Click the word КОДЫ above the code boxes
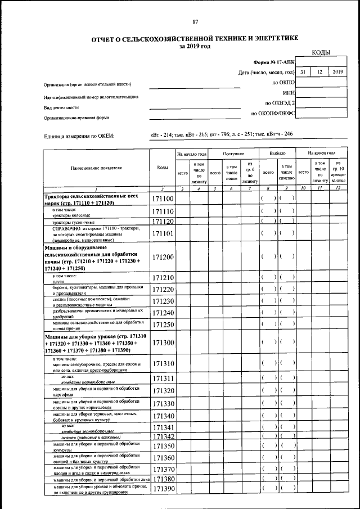pyautogui.click(x=321, y=53)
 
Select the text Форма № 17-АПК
pyautogui.click(x=274, y=62)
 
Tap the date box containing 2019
pyautogui.click(x=337, y=72)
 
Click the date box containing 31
pyautogui.click(x=303, y=72)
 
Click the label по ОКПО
pyautogui.click(x=283, y=83)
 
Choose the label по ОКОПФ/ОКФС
pyautogui.click(x=273, y=114)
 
